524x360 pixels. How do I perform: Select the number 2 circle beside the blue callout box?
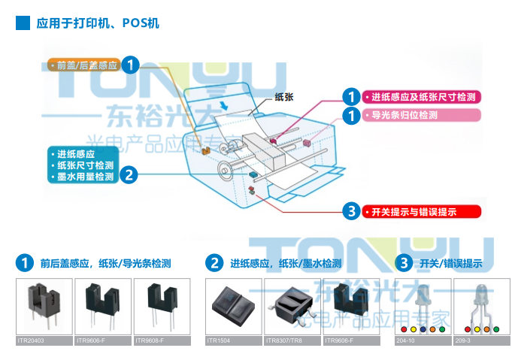[129, 175]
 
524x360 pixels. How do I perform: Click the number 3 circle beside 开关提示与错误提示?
[351, 212]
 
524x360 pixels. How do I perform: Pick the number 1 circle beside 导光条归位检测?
[351, 116]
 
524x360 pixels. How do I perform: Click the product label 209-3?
[464, 340]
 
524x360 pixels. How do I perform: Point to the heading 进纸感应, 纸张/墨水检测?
[286, 264]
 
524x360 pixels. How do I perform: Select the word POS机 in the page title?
[141, 23]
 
